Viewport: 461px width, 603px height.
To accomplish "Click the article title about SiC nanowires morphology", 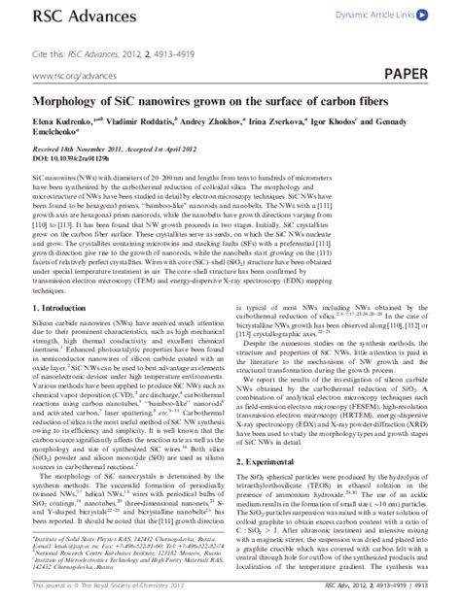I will tap(198, 104).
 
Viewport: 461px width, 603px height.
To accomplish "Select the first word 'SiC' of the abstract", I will tap(41, 182).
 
